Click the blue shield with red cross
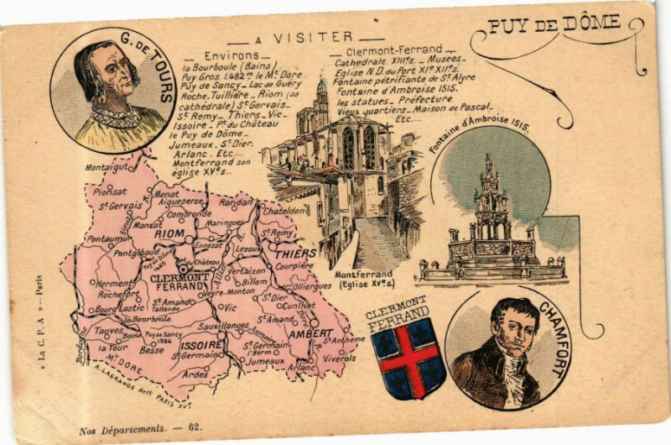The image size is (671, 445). (408, 358)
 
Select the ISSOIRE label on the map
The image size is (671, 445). (200, 344)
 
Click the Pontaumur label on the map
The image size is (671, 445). (108, 238)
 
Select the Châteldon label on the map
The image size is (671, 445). (283, 212)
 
